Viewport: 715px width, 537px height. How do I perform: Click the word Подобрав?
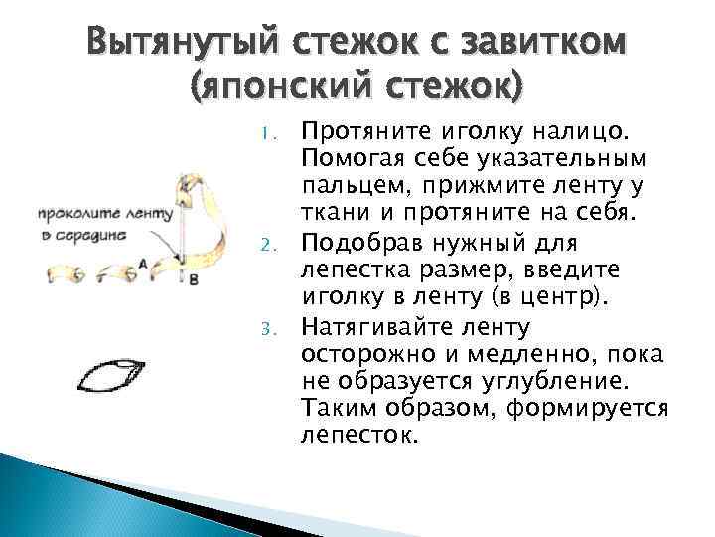(x=351, y=243)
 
